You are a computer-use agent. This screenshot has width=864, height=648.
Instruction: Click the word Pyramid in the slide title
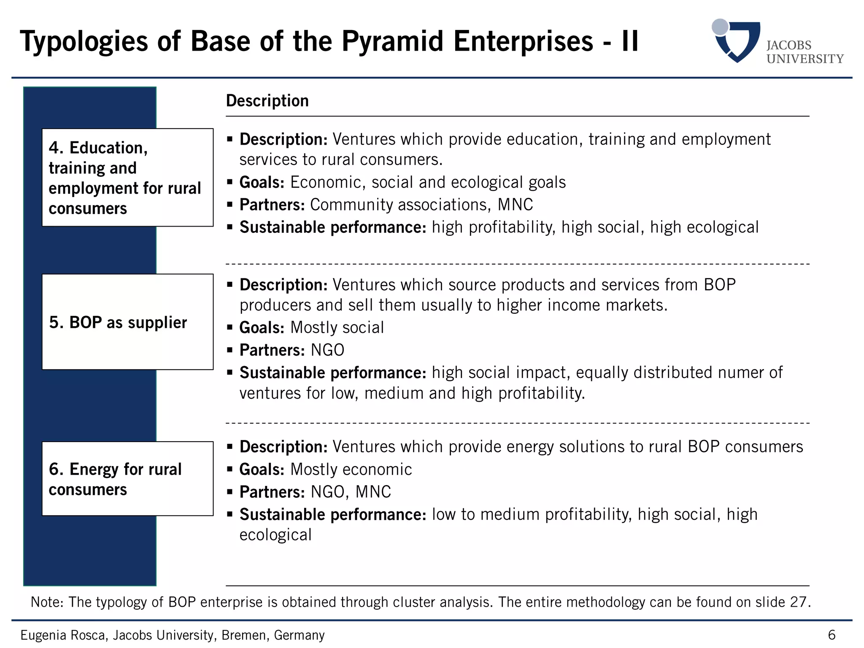(x=392, y=42)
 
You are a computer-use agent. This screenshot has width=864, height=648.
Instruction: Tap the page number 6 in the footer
(x=832, y=634)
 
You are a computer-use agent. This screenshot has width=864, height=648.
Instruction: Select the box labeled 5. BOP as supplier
(x=127, y=322)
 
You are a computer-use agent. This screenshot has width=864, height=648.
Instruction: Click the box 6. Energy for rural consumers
(x=127, y=479)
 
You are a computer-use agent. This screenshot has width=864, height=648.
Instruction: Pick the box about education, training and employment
(x=127, y=178)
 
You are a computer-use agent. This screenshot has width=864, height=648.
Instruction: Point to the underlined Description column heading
(x=267, y=101)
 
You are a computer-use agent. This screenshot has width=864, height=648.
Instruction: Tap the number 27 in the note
(x=798, y=602)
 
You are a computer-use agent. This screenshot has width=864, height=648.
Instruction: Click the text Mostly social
(x=337, y=327)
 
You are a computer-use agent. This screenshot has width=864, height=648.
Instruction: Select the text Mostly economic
(x=351, y=469)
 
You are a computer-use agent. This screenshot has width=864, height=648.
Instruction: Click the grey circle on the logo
(x=720, y=27)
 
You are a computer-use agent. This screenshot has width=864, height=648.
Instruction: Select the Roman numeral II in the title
(x=629, y=42)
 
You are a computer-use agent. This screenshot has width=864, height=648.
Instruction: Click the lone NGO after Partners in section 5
(x=327, y=350)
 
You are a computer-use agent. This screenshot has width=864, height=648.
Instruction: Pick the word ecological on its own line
(x=275, y=535)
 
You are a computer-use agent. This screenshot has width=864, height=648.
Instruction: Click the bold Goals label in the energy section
(x=262, y=469)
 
